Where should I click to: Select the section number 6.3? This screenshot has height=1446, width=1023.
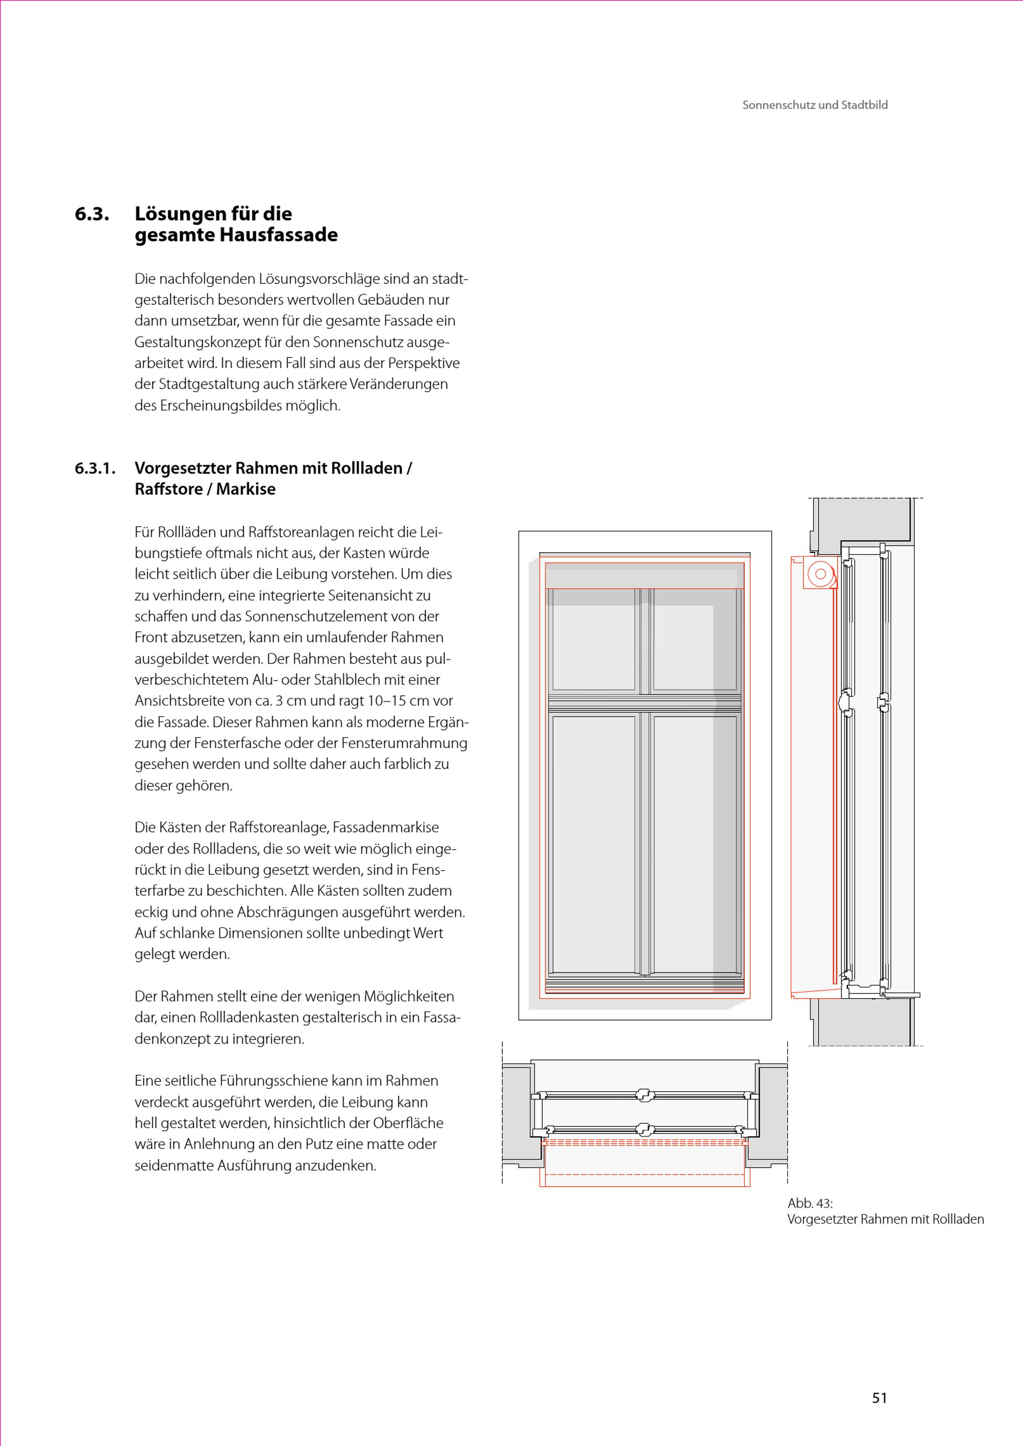[x=92, y=214]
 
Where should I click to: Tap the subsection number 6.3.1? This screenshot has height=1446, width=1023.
[x=95, y=468]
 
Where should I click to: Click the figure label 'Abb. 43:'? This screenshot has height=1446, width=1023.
[x=810, y=1203]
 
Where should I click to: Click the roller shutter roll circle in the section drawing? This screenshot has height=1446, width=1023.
[x=820, y=574]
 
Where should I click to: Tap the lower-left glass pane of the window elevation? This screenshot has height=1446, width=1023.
[x=593, y=844]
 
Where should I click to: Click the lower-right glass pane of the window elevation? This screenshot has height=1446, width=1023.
[x=694, y=844]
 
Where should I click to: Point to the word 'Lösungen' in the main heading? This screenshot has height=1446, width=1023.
[x=182, y=214]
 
